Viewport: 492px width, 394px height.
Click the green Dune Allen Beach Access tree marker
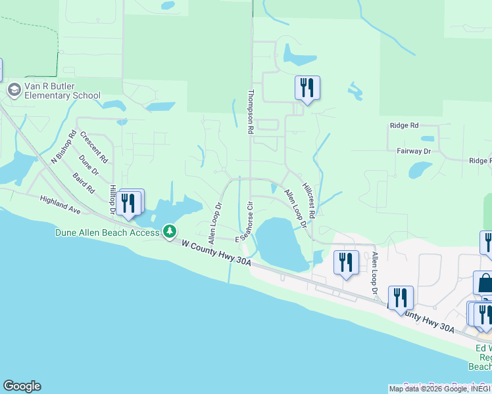(170, 231)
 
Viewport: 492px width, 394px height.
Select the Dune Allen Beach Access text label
(107, 232)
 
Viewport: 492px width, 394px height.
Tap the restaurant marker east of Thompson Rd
(307, 87)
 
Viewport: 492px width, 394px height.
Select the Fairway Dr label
(413, 151)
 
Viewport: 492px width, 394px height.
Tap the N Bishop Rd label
(64, 148)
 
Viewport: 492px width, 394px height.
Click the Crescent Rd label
(94, 146)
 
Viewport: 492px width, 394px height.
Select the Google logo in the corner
(22, 386)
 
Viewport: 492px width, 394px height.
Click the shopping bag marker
(485, 283)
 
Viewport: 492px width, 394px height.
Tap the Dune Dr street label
(88, 165)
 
